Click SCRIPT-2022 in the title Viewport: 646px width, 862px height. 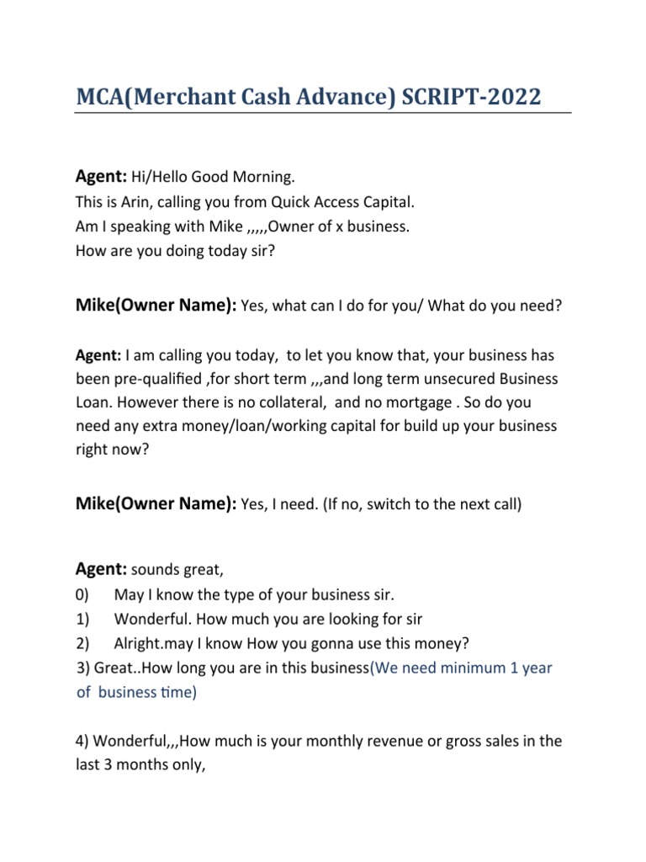pos(472,97)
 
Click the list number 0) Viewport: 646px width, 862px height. pos(82,595)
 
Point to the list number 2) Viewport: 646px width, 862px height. pos(82,644)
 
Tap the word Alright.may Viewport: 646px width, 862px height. pos(156,644)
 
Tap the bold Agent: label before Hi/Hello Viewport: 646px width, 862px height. pos(101,178)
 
